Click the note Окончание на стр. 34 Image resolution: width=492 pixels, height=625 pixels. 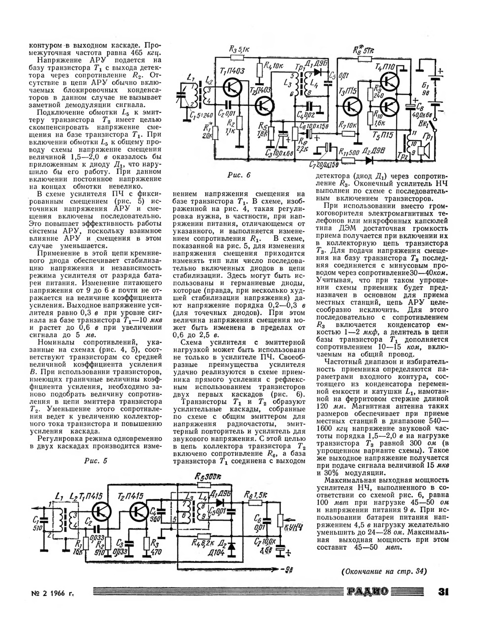(x=383, y=571)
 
